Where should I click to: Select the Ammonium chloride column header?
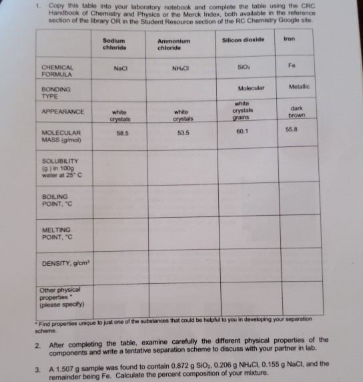coord(173,45)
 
